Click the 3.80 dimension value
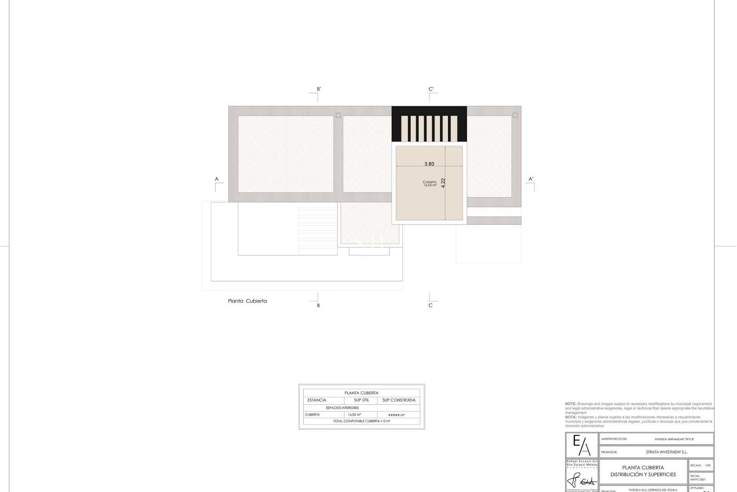[429, 164]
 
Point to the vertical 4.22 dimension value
[443, 183]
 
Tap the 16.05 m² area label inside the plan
[430, 185]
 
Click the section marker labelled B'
[319, 89]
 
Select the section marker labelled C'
[431, 89]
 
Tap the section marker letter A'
[531, 179]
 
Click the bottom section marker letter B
[318, 306]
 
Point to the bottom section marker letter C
[430, 306]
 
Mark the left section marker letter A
[216, 179]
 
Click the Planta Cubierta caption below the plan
[247, 301]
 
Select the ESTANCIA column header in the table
[317, 400]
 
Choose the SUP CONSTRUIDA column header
[399, 400]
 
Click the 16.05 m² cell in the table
[354, 415]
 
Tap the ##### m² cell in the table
[397, 415]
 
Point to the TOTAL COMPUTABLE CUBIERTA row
[362, 421]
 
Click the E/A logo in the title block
[582, 445]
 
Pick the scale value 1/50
[707, 465]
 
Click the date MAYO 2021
[698, 479]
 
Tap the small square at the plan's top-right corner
[515, 115]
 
